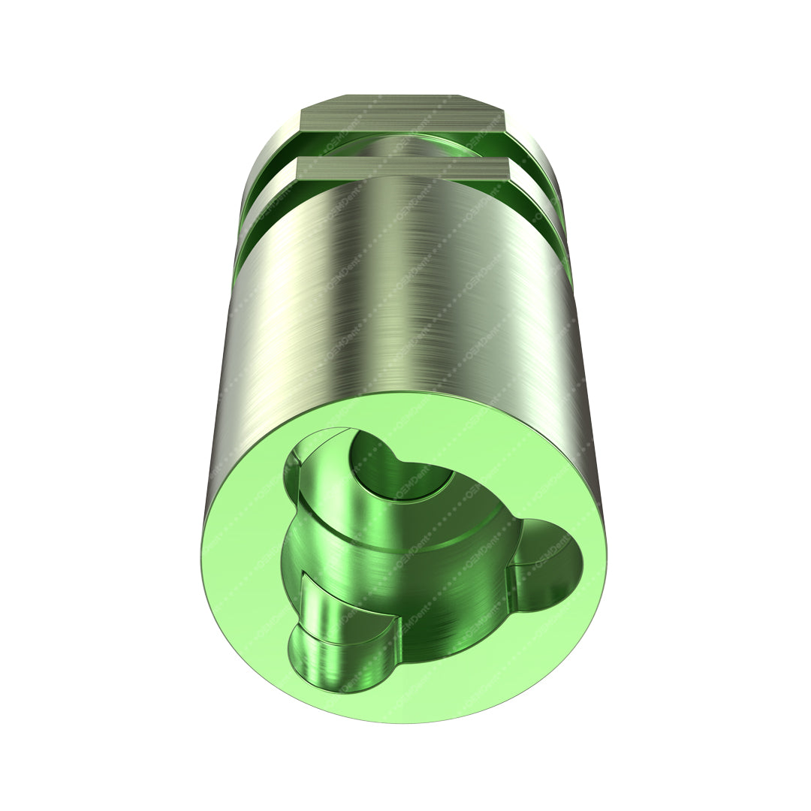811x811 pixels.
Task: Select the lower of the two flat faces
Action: click(405, 168)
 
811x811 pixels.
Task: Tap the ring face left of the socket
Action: click(240, 548)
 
